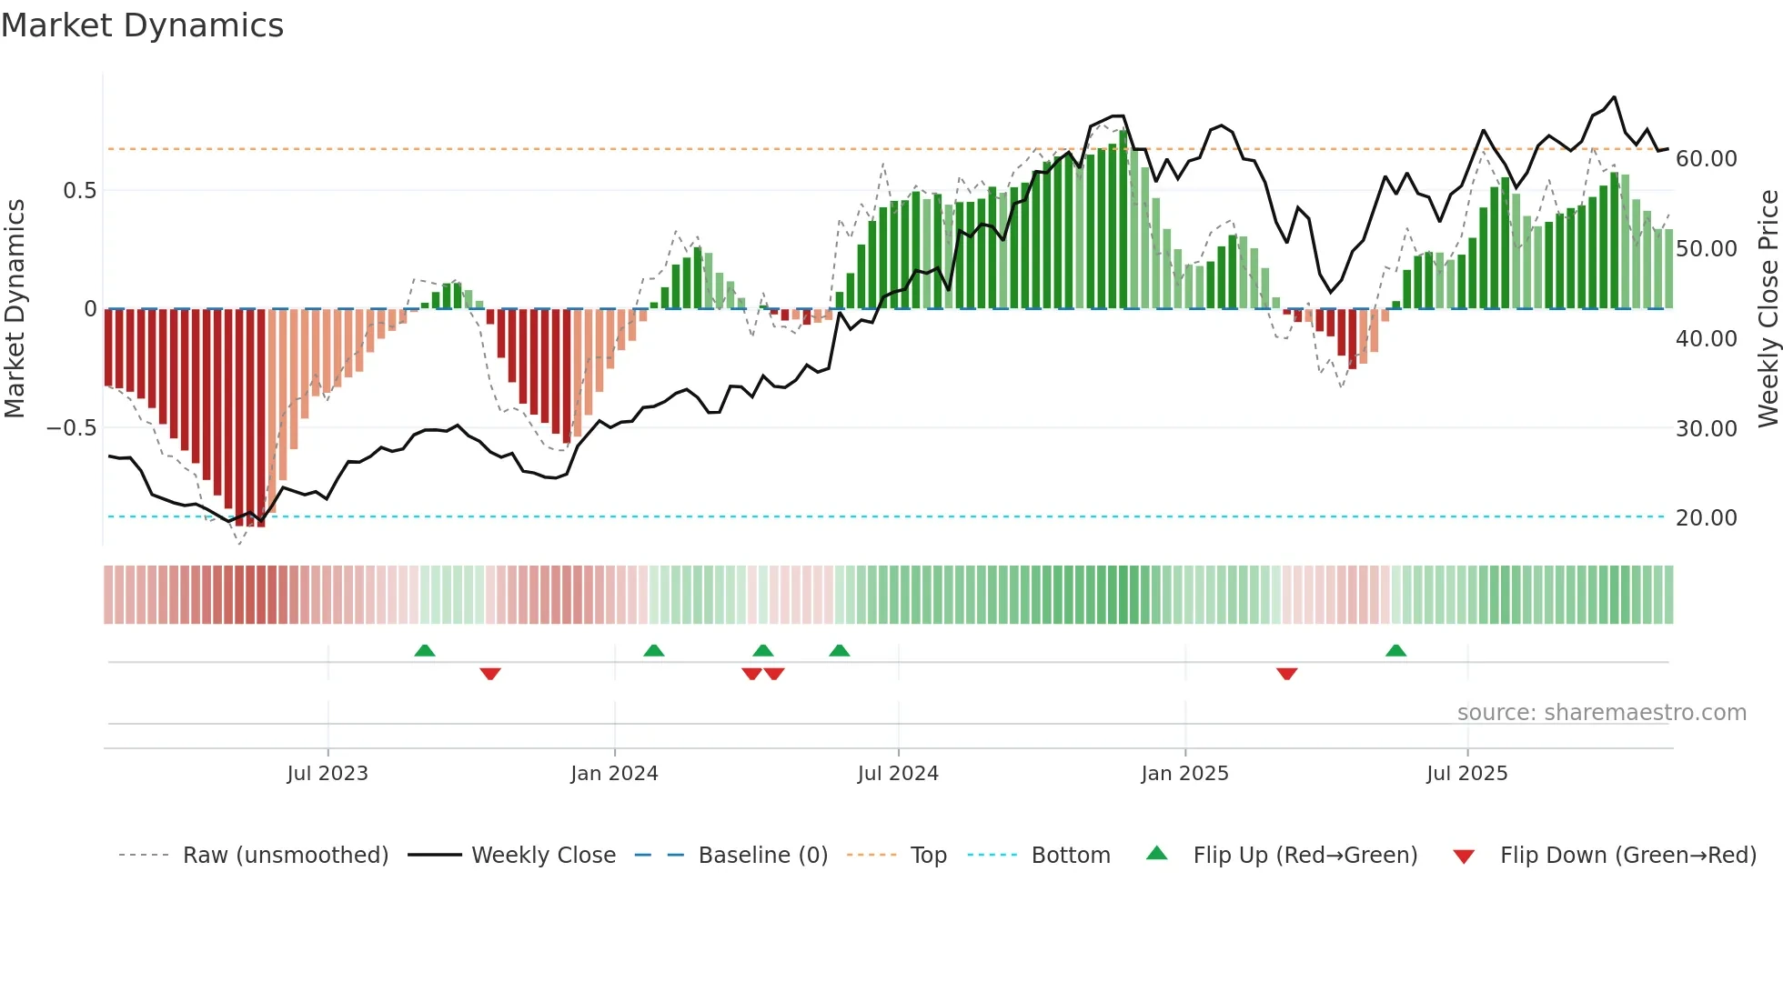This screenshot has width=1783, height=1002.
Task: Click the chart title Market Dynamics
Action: pos(142,25)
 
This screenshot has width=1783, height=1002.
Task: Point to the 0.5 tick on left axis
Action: pos(79,191)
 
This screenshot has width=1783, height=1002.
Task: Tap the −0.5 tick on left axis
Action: pos(71,427)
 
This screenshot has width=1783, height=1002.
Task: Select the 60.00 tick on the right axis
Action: pos(1706,159)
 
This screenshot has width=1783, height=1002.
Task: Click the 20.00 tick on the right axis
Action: pos(1706,518)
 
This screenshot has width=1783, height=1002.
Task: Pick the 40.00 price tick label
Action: pos(1706,339)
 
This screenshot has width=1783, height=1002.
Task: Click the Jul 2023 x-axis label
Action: pos(327,774)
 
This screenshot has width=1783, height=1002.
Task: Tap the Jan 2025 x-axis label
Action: pos(1184,774)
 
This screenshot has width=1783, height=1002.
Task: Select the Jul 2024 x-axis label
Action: pos(898,774)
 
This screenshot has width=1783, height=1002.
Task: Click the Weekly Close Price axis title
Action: pos(1768,309)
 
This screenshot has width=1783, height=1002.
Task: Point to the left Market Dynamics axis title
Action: pos(15,309)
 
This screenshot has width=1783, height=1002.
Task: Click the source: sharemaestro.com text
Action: pos(1601,713)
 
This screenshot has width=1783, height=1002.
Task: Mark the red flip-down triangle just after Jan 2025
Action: pos(1286,674)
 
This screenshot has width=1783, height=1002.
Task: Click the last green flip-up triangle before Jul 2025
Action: pos(1395,650)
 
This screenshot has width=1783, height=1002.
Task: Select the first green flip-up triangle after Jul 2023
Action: pos(425,650)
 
